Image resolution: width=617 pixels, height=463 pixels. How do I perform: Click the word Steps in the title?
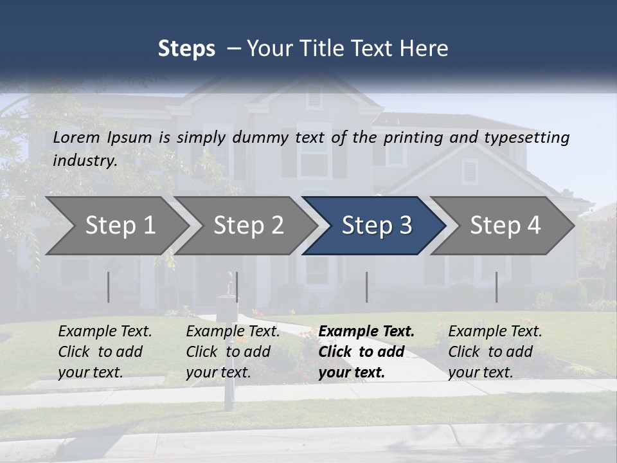(186, 49)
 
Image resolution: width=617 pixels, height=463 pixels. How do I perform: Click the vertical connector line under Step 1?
(109, 287)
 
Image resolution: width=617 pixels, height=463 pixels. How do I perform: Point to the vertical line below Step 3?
(366, 287)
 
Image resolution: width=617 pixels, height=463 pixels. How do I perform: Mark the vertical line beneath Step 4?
(496, 287)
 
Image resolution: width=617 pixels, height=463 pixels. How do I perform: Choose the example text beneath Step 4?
(495, 352)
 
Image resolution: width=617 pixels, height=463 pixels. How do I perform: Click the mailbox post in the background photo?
(228, 379)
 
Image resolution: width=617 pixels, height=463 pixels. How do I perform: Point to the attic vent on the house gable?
(314, 97)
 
